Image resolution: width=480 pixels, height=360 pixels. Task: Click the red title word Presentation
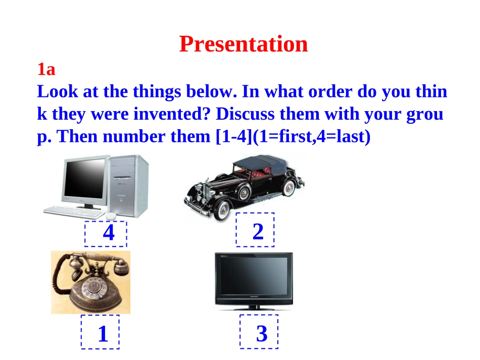[244, 44]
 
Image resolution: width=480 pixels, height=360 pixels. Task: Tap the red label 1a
[46, 69]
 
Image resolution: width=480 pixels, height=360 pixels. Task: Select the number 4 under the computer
[109, 233]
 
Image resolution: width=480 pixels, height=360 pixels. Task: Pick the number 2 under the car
[258, 232]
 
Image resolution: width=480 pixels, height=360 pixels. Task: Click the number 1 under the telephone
[103, 333]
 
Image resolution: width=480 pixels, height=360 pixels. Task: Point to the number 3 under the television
[262, 333]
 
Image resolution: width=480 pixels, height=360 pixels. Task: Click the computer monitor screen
[84, 178]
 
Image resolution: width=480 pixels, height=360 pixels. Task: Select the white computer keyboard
[73, 212]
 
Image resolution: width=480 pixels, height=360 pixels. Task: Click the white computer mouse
[111, 216]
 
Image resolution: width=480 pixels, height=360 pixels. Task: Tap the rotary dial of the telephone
[93, 287]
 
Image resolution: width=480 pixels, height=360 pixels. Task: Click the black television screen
[254, 276]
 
